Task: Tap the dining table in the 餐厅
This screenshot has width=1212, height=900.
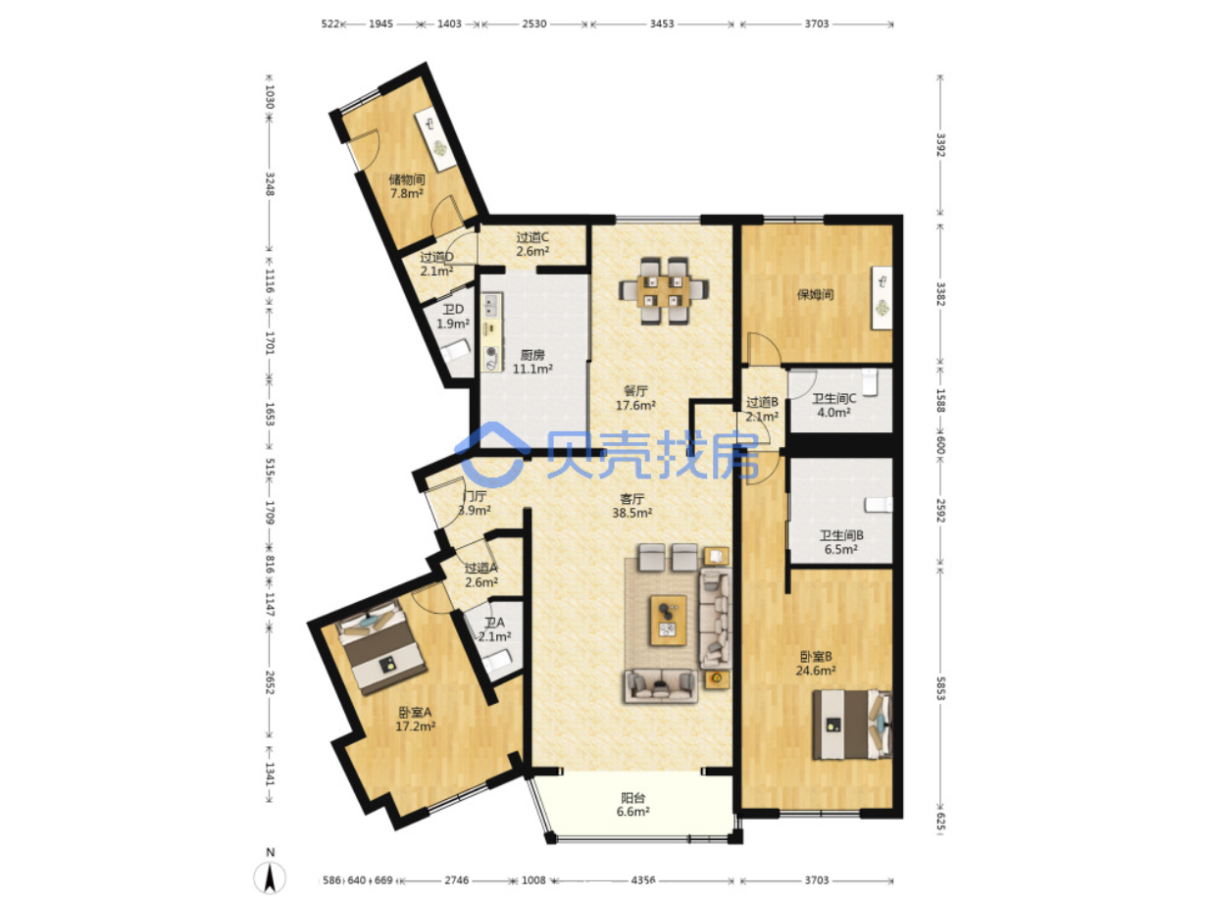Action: coord(664,290)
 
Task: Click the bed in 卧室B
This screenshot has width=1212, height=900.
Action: coord(851,725)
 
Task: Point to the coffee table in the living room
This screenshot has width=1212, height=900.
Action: coord(668,621)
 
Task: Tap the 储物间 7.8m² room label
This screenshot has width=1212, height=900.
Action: coord(407,186)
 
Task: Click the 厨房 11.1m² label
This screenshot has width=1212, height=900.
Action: coord(532,362)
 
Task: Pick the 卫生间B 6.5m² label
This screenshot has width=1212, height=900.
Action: coord(841,542)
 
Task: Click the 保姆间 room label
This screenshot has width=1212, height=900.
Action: coord(815,294)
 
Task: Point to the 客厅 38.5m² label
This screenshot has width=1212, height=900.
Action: coord(631,506)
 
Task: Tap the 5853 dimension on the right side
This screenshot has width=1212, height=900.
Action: coord(939,688)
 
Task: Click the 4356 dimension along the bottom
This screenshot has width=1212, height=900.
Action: coord(642,879)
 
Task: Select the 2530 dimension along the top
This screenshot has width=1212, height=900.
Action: coord(533,25)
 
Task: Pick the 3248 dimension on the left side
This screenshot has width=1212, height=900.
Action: coord(270,184)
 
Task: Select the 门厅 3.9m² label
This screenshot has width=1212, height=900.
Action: coord(475,503)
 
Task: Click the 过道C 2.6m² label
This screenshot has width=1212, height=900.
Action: coord(532,244)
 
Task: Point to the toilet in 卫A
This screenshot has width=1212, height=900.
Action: coord(498,661)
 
